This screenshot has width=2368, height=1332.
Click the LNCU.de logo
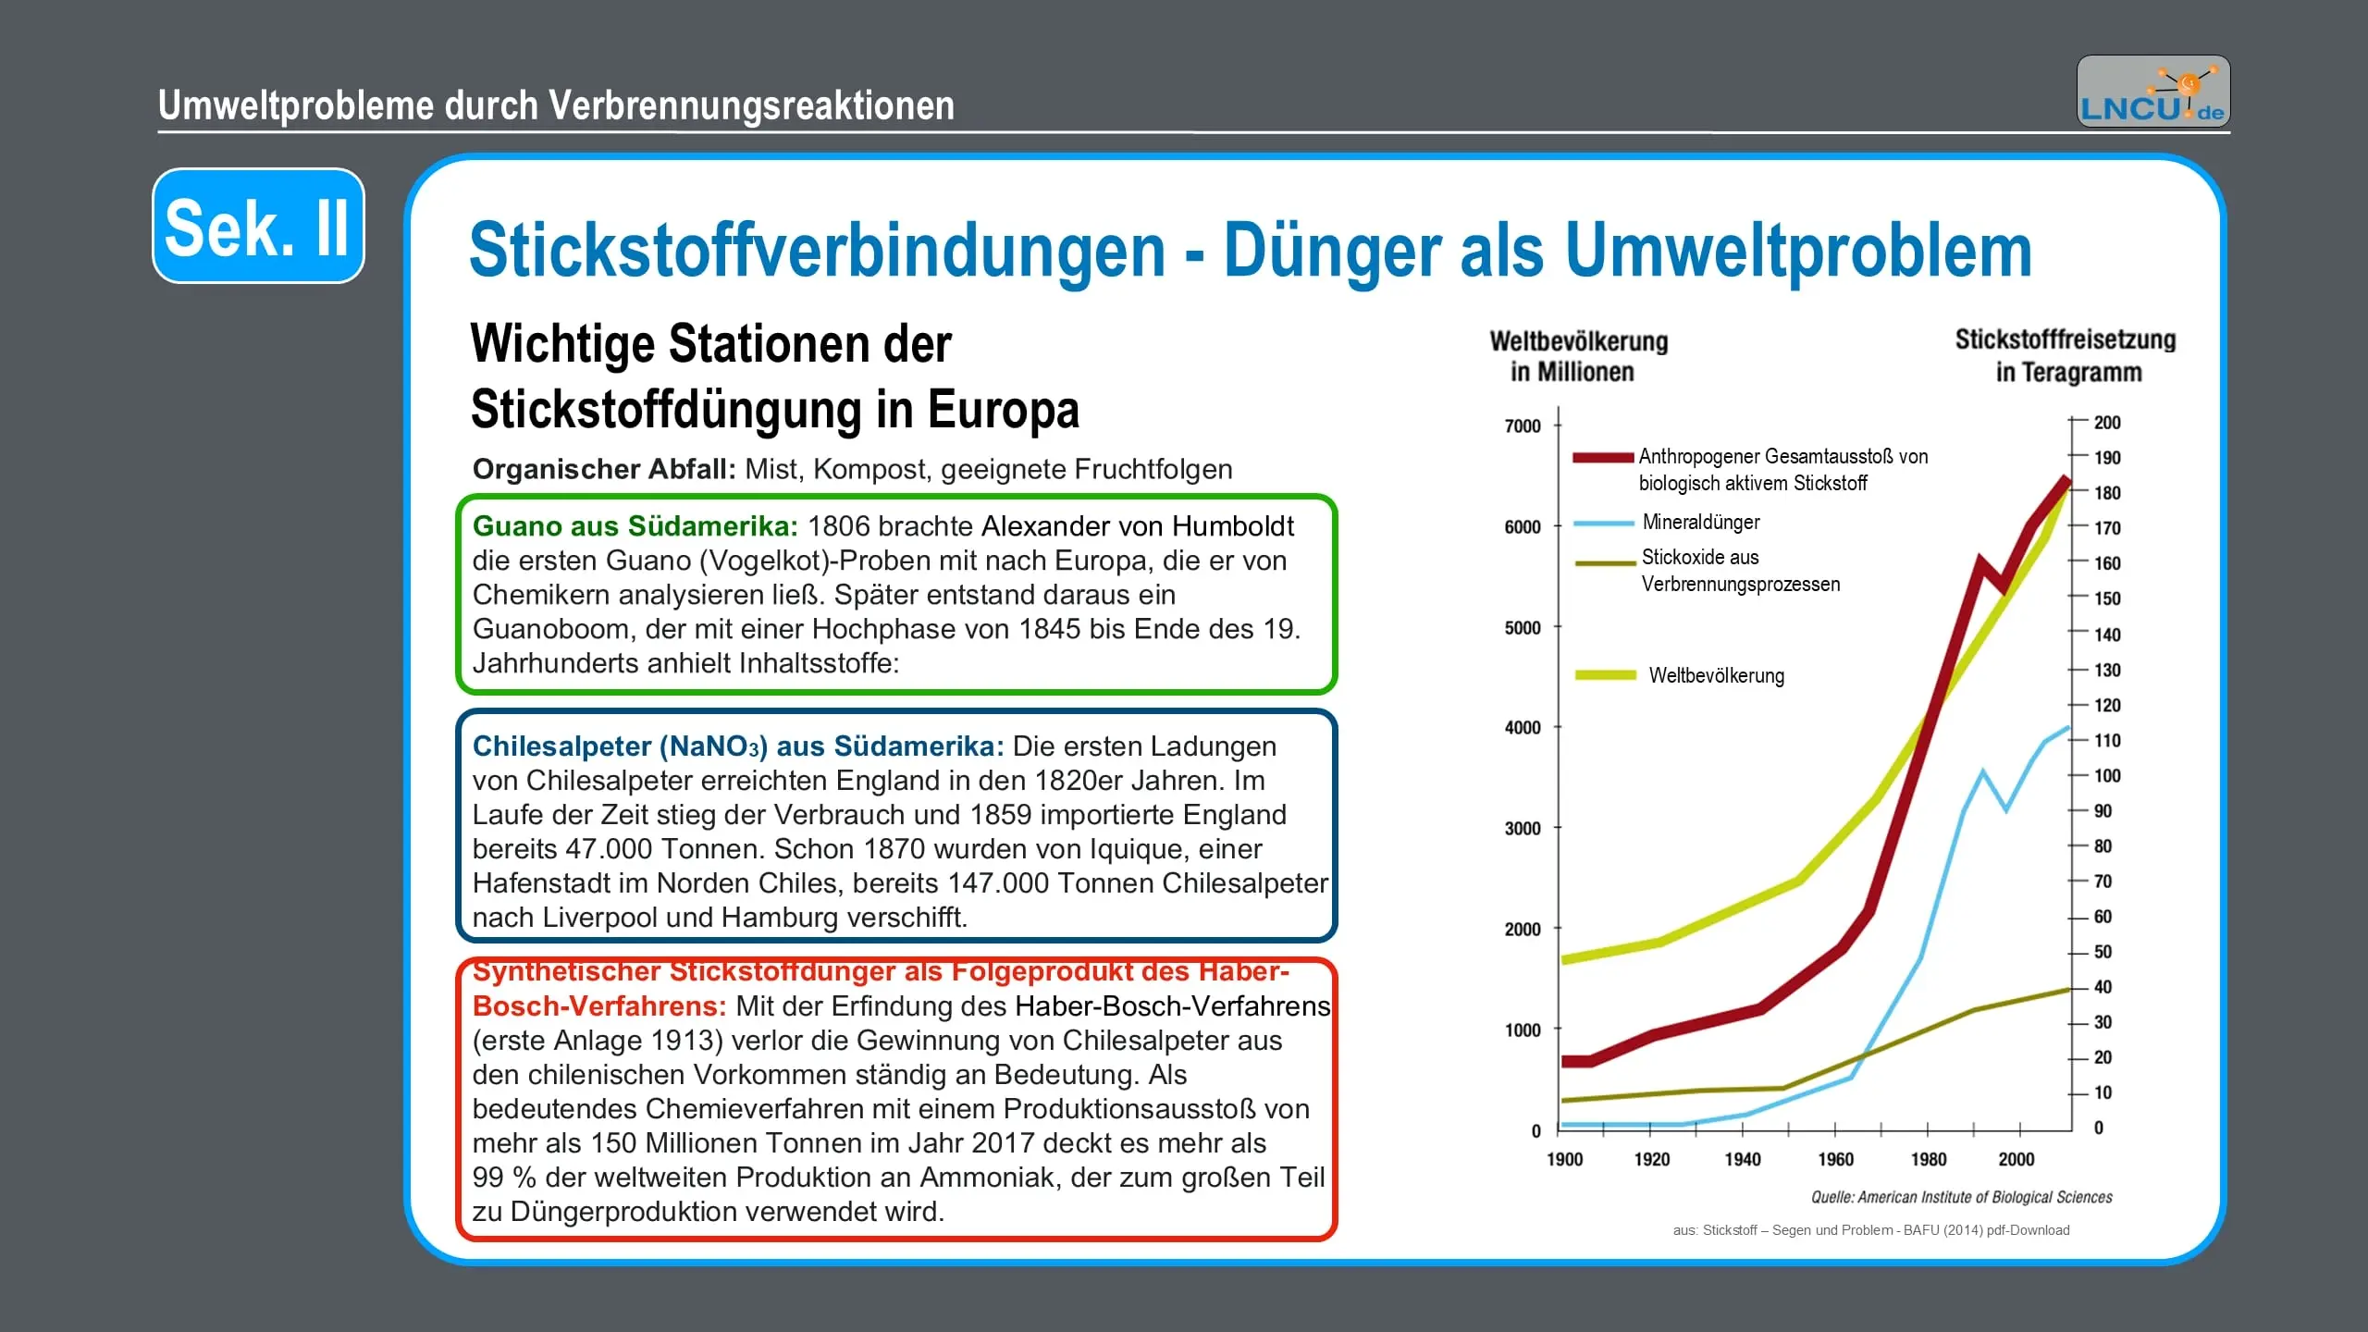[x=2152, y=92]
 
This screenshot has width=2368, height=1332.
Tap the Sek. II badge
[x=258, y=227]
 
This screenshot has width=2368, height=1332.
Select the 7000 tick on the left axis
[x=1523, y=426]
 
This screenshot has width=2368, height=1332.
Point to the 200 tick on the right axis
[x=2106, y=423]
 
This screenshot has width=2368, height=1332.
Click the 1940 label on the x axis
[x=1742, y=1160]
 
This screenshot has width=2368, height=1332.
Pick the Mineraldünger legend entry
[x=1700, y=523]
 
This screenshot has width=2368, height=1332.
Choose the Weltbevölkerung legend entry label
[x=1716, y=676]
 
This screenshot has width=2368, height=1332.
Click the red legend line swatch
[x=1603, y=457]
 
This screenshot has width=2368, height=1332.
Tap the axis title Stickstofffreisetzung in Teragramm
[x=2066, y=356]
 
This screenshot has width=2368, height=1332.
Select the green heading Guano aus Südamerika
[x=635, y=526]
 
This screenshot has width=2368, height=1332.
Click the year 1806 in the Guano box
[x=838, y=526]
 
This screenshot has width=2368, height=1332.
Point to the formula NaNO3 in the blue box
[x=712, y=746]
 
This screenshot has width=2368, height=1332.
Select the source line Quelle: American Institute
[x=1961, y=1198]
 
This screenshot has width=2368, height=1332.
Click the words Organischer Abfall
[x=604, y=470]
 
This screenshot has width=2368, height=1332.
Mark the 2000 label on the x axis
[x=2016, y=1160]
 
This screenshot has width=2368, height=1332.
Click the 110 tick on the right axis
[x=2106, y=741]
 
